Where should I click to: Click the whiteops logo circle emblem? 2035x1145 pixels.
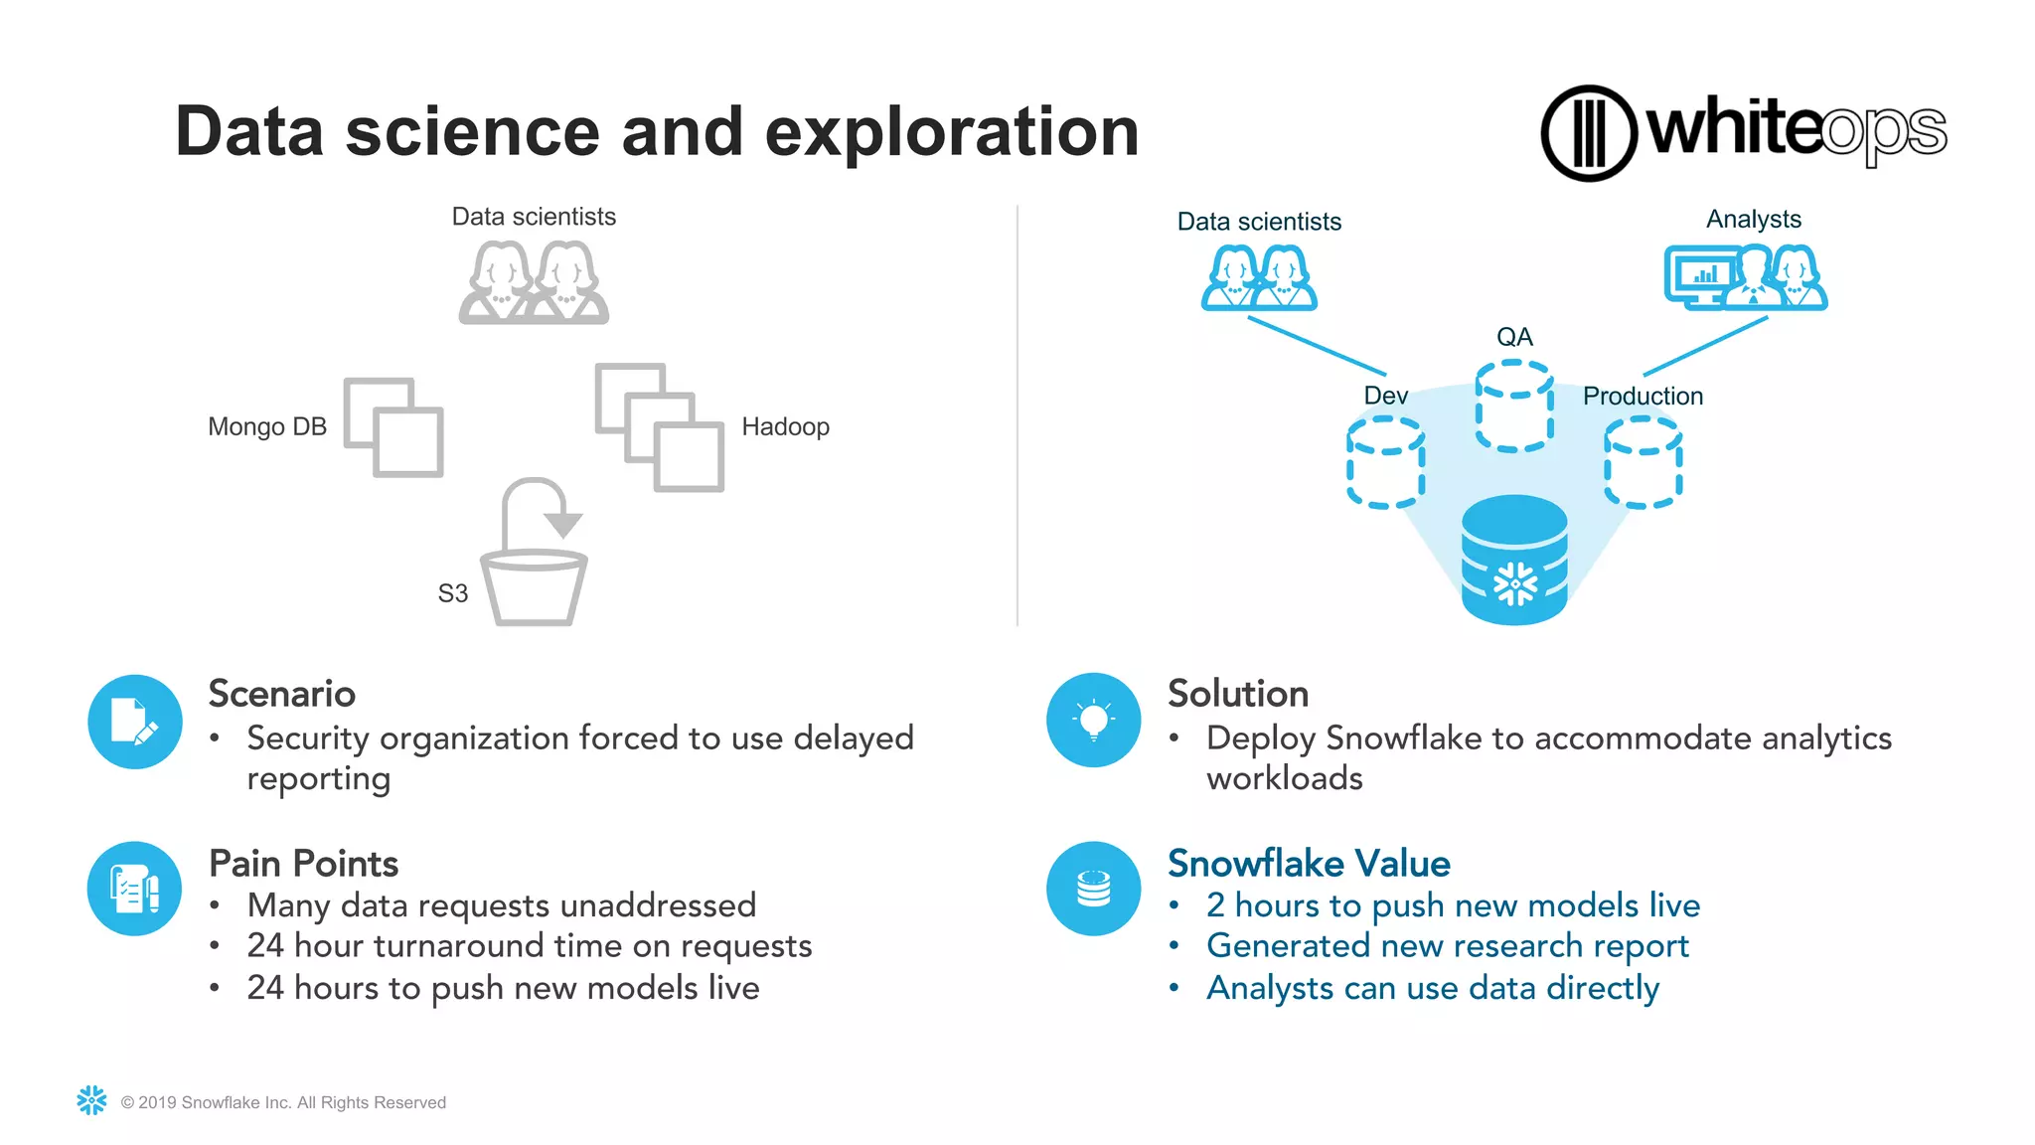[1588, 133]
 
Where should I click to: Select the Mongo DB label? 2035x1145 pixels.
[267, 427]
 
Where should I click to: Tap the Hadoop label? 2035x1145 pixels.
[785, 427]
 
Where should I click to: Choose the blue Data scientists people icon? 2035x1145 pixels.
[1259, 278]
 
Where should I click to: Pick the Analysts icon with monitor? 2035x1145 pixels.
[1745, 278]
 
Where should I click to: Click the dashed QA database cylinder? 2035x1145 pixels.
[1514, 406]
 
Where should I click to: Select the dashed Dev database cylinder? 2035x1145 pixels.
[1385, 462]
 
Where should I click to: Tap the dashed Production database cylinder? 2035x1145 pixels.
[1643, 462]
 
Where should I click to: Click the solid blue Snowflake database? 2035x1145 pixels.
[1514, 561]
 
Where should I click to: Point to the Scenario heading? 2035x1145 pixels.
[282, 694]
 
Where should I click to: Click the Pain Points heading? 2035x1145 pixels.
[303, 864]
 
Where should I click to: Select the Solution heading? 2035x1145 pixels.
[1238, 694]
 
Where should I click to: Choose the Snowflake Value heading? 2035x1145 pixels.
[1309, 864]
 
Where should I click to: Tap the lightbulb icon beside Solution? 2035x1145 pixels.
[1093, 720]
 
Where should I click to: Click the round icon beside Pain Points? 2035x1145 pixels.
[134, 889]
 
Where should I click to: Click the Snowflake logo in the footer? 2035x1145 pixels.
[91, 1100]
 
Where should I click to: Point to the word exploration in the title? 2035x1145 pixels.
[952, 132]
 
